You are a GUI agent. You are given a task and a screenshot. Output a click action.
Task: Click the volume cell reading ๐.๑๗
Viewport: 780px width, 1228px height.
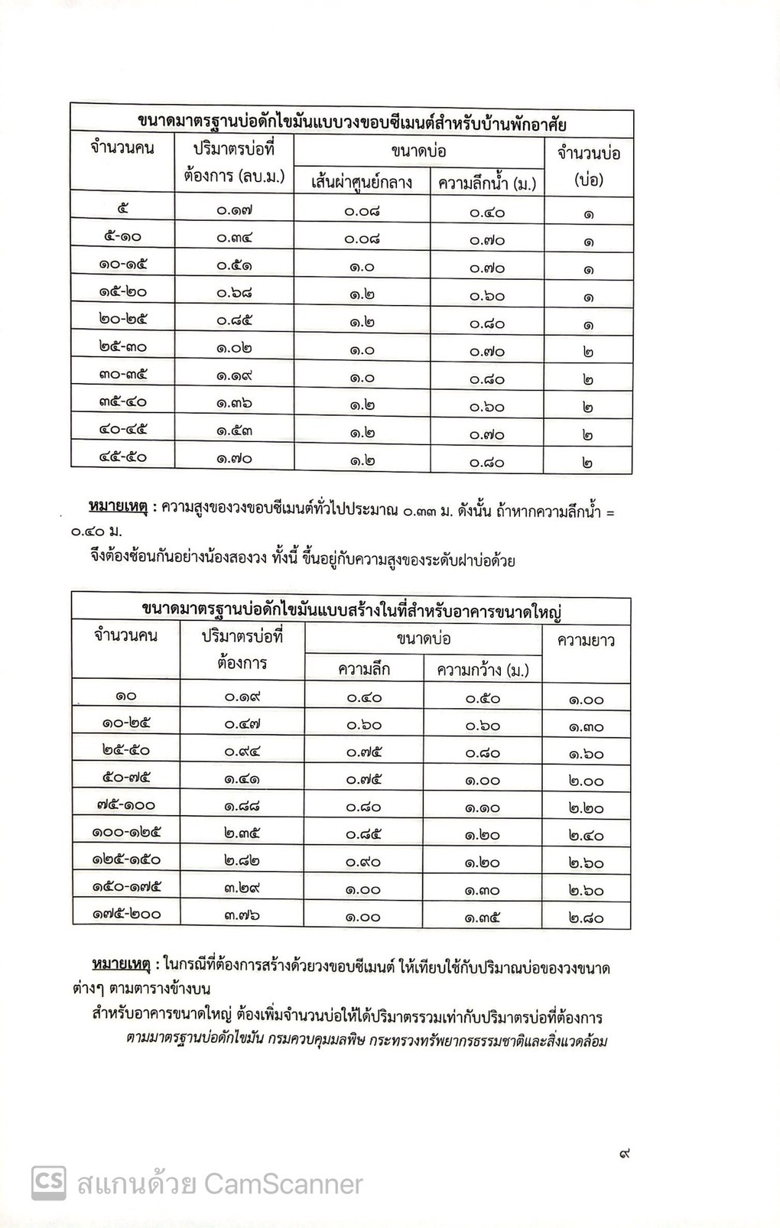click(234, 210)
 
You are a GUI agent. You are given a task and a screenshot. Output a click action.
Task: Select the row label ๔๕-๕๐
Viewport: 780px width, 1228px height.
click(122, 457)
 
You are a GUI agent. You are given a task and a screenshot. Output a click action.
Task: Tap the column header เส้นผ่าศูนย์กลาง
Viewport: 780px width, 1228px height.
click(362, 183)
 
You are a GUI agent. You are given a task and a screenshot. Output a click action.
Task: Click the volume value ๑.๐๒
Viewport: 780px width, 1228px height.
click(234, 348)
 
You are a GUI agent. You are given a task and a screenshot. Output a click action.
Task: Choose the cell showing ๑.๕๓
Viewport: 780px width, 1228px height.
click(234, 430)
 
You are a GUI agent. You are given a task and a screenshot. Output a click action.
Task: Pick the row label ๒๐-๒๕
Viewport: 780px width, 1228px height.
click(122, 319)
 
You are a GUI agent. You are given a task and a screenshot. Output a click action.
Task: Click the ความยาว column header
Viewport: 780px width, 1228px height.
click(586, 641)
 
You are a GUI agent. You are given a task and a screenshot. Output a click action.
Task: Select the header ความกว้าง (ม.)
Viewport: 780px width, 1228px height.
click(483, 670)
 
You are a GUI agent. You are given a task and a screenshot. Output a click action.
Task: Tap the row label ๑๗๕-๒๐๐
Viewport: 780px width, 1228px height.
click(126, 913)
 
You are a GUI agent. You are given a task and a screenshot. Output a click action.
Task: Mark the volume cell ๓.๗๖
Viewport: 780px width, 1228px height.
click(242, 914)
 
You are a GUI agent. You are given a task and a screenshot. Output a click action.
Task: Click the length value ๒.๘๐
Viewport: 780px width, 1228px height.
click(586, 917)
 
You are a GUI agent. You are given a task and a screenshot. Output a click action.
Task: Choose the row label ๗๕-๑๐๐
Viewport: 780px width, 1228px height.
click(126, 804)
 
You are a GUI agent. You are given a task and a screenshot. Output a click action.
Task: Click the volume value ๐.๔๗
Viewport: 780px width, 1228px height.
click(242, 723)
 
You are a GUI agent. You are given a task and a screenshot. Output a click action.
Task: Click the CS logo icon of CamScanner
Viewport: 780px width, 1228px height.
click(48, 1183)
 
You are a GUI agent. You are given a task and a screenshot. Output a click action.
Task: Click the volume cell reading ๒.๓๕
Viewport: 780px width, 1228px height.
click(242, 832)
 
